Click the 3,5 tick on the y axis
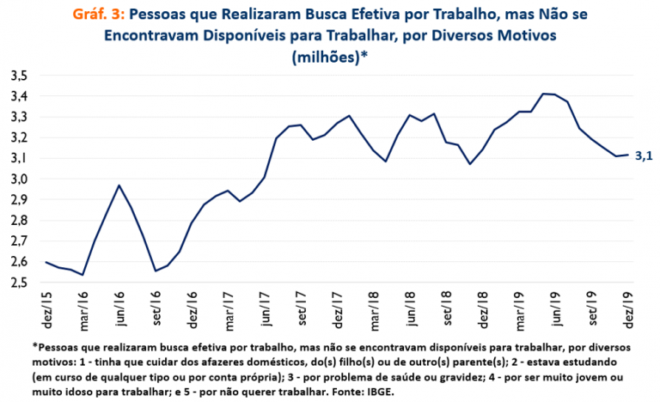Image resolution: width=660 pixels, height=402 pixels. [19, 76]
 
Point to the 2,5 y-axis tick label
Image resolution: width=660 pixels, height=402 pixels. [19, 283]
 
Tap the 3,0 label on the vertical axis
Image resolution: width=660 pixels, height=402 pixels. [19, 179]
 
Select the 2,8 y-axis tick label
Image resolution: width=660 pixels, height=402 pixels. [19, 221]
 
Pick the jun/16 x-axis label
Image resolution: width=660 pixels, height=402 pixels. [119, 308]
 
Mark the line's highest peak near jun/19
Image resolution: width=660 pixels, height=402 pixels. [544, 94]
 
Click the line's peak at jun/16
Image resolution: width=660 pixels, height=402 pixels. [119, 186]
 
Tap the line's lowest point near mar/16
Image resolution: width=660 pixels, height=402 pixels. [82, 275]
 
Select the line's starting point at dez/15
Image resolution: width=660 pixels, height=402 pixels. [46, 262]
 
